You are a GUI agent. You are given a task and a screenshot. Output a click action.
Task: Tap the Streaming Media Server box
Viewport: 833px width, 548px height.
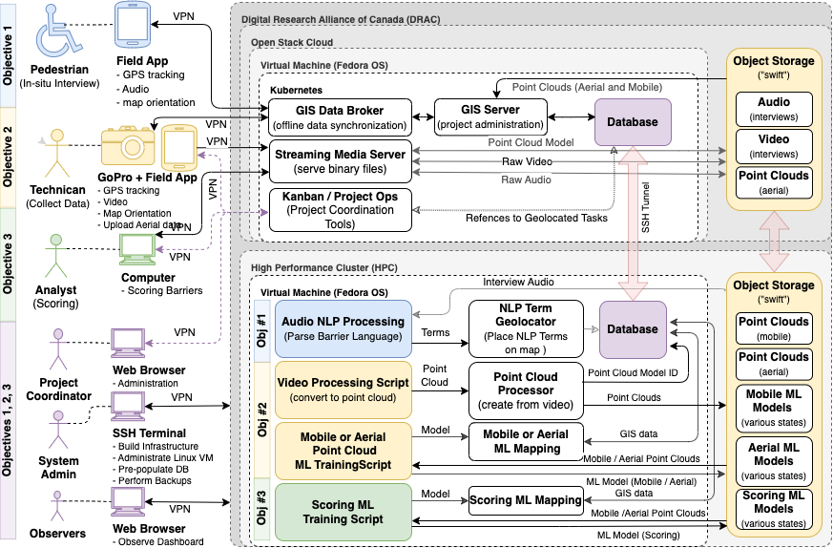pos(341,162)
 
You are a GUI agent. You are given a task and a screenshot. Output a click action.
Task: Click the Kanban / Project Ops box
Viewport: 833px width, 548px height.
pos(341,210)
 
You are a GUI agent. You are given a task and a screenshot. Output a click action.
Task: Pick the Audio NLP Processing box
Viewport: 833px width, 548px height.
pos(344,329)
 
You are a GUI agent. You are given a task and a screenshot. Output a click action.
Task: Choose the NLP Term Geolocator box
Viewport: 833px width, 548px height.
pos(525,329)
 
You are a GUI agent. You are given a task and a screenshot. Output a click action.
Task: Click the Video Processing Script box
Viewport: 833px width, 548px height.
pos(344,388)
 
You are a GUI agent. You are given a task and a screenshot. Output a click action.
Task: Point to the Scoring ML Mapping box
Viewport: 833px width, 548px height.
pos(525,499)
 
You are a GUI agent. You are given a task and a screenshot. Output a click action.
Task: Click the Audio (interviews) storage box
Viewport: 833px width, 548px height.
pos(774,109)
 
